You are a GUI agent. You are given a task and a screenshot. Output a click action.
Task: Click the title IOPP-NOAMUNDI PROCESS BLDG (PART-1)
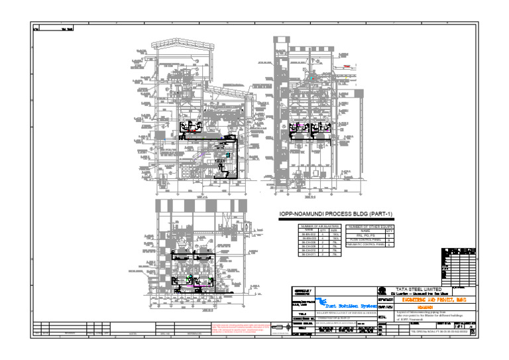click(336, 214)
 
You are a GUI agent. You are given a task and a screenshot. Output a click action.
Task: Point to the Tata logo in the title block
click(382, 290)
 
